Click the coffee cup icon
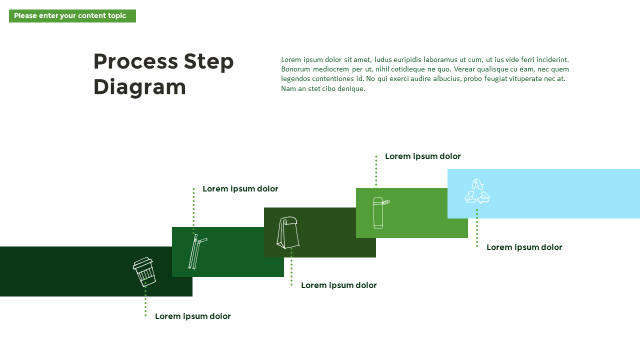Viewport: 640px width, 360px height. (x=144, y=271)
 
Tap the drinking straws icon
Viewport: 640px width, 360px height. (x=197, y=251)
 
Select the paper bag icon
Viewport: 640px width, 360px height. (x=288, y=232)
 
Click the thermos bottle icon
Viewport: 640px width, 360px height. (x=379, y=212)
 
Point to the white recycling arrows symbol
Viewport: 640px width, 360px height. (x=477, y=191)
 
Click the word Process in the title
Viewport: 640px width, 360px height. (x=135, y=61)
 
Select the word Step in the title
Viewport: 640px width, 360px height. (x=208, y=61)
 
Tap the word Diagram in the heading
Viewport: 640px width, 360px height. (x=139, y=87)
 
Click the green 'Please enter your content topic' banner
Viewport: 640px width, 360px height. (x=72, y=16)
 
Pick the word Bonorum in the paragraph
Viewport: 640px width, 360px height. (x=295, y=69)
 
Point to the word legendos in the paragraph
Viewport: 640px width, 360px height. (x=295, y=78)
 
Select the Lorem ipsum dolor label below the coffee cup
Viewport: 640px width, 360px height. (x=192, y=316)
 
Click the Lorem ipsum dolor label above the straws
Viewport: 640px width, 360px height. (x=240, y=189)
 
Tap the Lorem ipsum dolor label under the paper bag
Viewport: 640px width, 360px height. (x=338, y=285)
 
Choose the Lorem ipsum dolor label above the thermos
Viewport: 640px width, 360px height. (x=422, y=156)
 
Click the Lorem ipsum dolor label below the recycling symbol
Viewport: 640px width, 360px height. (x=524, y=247)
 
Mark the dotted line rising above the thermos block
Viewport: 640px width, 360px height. (x=376, y=171)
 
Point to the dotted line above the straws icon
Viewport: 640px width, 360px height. (x=193, y=207)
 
